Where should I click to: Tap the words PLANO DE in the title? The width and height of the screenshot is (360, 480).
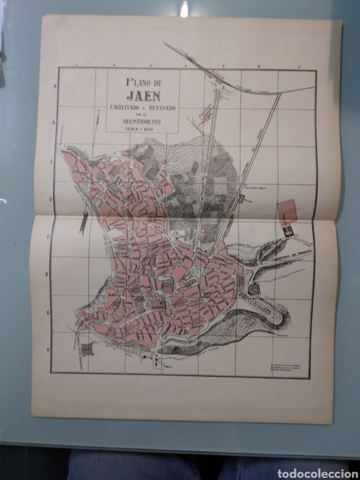pos(143,79)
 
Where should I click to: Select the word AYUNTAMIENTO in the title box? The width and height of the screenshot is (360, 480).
pos(143,120)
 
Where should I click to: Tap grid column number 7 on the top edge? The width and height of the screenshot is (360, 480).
pos(298,67)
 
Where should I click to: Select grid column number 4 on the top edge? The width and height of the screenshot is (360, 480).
pos(185,66)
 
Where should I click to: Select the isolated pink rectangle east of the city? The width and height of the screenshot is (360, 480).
pos(287,210)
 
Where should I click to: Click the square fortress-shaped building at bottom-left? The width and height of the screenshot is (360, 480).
pos(87,349)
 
